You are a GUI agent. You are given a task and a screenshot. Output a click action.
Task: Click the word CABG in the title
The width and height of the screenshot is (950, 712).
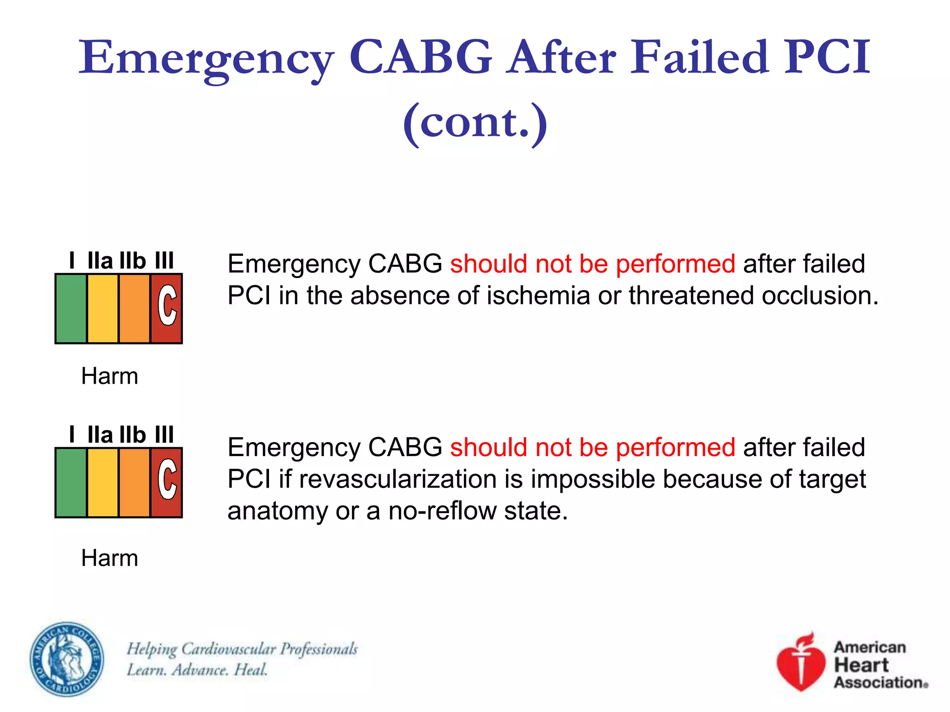[420, 57]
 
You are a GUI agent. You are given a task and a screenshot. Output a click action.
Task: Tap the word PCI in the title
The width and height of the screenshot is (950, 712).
[827, 57]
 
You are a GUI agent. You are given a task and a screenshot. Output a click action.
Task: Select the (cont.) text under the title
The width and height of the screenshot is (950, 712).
[475, 122]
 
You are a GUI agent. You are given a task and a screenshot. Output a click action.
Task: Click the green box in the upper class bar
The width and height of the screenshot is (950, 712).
[71, 309]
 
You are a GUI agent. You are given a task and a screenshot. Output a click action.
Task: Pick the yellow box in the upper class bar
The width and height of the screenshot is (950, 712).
[103, 309]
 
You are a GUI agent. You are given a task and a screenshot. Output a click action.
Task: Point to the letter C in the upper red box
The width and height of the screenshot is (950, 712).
[167, 305]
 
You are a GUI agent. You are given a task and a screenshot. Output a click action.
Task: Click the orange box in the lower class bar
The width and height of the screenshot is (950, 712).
[135, 483]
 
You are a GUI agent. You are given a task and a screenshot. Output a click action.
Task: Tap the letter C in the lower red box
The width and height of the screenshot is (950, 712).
[167, 479]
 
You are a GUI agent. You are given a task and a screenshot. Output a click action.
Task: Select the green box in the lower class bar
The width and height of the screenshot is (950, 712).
[71, 483]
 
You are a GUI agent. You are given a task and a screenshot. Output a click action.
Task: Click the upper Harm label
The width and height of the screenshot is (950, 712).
[109, 376]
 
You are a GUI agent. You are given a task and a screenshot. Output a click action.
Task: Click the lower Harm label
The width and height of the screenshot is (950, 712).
[109, 558]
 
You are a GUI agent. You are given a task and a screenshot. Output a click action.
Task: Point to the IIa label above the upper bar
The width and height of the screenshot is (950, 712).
[100, 261]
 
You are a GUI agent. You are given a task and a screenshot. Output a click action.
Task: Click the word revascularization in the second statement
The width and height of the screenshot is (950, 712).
[398, 479]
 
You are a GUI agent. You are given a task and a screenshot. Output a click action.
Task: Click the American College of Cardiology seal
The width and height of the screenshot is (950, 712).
[67, 659]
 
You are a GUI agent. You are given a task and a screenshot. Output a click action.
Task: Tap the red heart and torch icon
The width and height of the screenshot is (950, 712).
[801, 663]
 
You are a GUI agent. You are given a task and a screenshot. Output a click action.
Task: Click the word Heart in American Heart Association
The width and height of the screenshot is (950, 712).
[861, 665]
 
